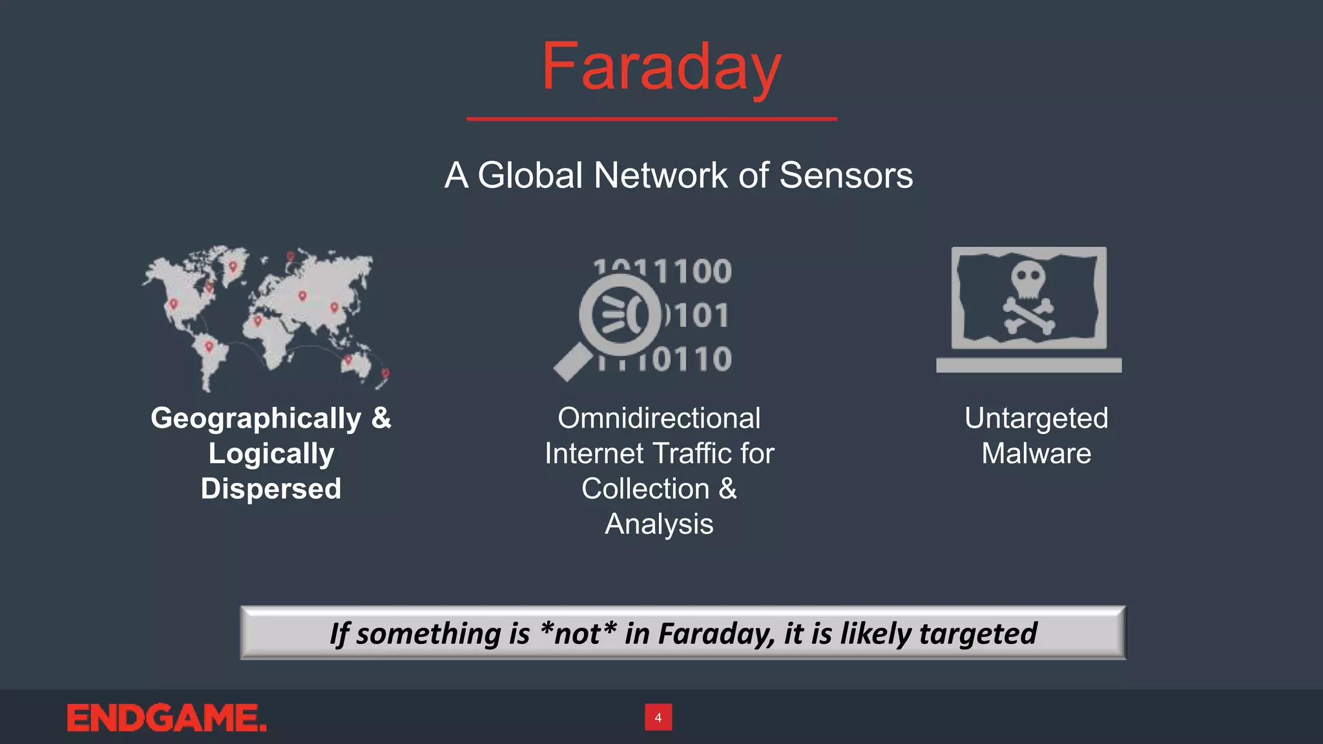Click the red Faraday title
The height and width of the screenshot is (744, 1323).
pyautogui.click(x=661, y=67)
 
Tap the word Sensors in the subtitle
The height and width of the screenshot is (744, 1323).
pyautogui.click(x=846, y=175)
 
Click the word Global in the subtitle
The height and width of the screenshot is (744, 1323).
pyautogui.click(x=530, y=175)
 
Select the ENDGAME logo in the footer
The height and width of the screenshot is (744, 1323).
pyautogui.click(x=167, y=718)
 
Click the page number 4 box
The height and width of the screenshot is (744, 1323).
pyautogui.click(x=658, y=718)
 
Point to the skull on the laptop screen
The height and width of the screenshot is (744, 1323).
pyautogui.click(x=1028, y=279)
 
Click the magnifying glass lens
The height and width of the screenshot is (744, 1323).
pyautogui.click(x=620, y=315)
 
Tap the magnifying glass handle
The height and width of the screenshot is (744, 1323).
pyautogui.click(x=572, y=364)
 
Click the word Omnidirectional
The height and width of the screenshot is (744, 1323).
pyautogui.click(x=659, y=418)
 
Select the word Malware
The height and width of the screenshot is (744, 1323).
pyautogui.click(x=1036, y=453)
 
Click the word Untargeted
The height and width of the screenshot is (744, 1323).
pyautogui.click(x=1036, y=418)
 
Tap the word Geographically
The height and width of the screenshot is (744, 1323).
pyautogui.click(x=256, y=418)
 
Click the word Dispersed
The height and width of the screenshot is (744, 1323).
pyautogui.click(x=271, y=489)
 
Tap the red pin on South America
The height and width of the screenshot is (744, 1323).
pyautogui.click(x=209, y=347)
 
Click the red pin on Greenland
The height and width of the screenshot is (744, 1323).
pyautogui.click(x=233, y=265)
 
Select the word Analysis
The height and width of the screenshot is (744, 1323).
pyautogui.click(x=659, y=524)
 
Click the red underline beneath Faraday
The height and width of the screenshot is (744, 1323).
pyautogui.click(x=652, y=119)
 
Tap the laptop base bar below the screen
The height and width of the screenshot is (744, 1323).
pyautogui.click(x=1028, y=366)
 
